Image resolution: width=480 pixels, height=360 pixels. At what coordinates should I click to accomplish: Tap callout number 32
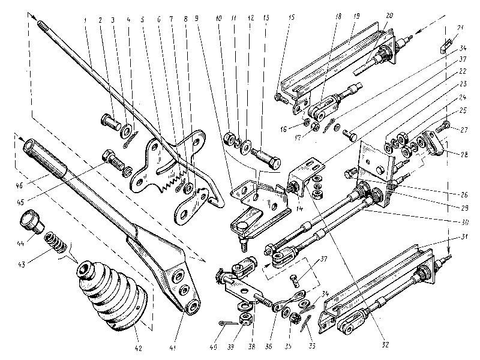[x=385, y=345]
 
